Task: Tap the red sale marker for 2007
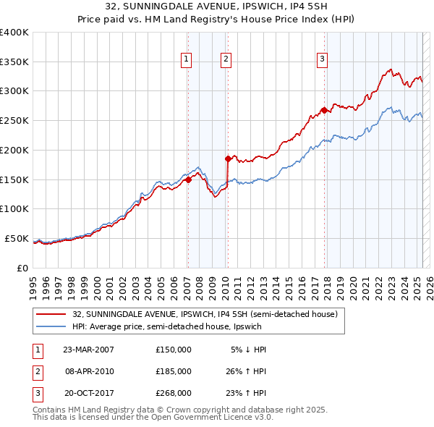188,180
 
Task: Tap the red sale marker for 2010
228,158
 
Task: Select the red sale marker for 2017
324,111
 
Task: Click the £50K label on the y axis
16,238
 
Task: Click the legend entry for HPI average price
196,326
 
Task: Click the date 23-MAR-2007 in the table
89,350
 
